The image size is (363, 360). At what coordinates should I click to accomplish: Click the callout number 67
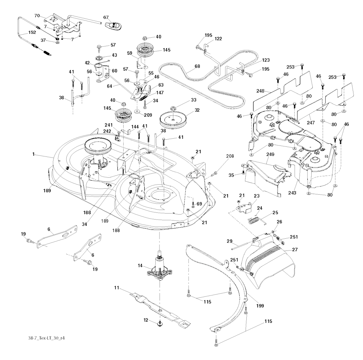click(106, 17)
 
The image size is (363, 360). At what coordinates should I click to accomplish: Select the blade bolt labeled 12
click(160, 323)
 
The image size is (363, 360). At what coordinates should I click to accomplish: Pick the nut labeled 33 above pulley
click(174, 107)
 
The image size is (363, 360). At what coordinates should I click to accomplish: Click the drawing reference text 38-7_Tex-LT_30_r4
click(44, 338)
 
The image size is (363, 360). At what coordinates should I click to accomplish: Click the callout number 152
click(22, 33)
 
